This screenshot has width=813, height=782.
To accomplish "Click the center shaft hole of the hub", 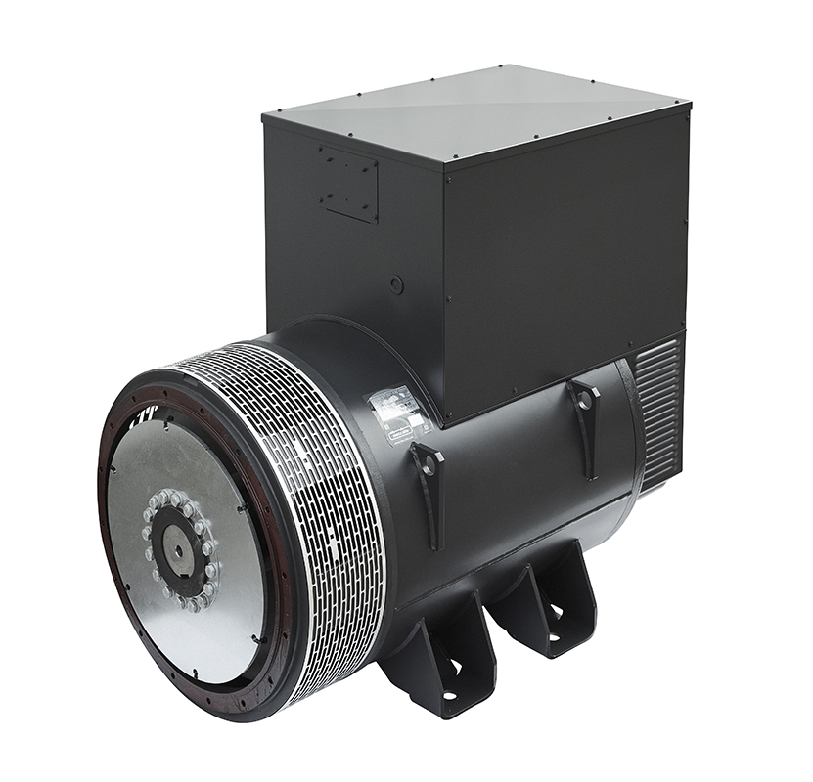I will [177, 549].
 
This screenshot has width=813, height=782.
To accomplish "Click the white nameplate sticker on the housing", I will [401, 411].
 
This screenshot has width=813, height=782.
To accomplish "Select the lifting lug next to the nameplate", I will [428, 479].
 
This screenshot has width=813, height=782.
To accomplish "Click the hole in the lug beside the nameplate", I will [426, 462].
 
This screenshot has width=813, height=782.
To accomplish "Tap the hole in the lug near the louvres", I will [584, 399].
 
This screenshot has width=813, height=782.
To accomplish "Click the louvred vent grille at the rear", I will [657, 411].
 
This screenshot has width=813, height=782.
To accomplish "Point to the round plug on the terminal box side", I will [396, 284].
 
